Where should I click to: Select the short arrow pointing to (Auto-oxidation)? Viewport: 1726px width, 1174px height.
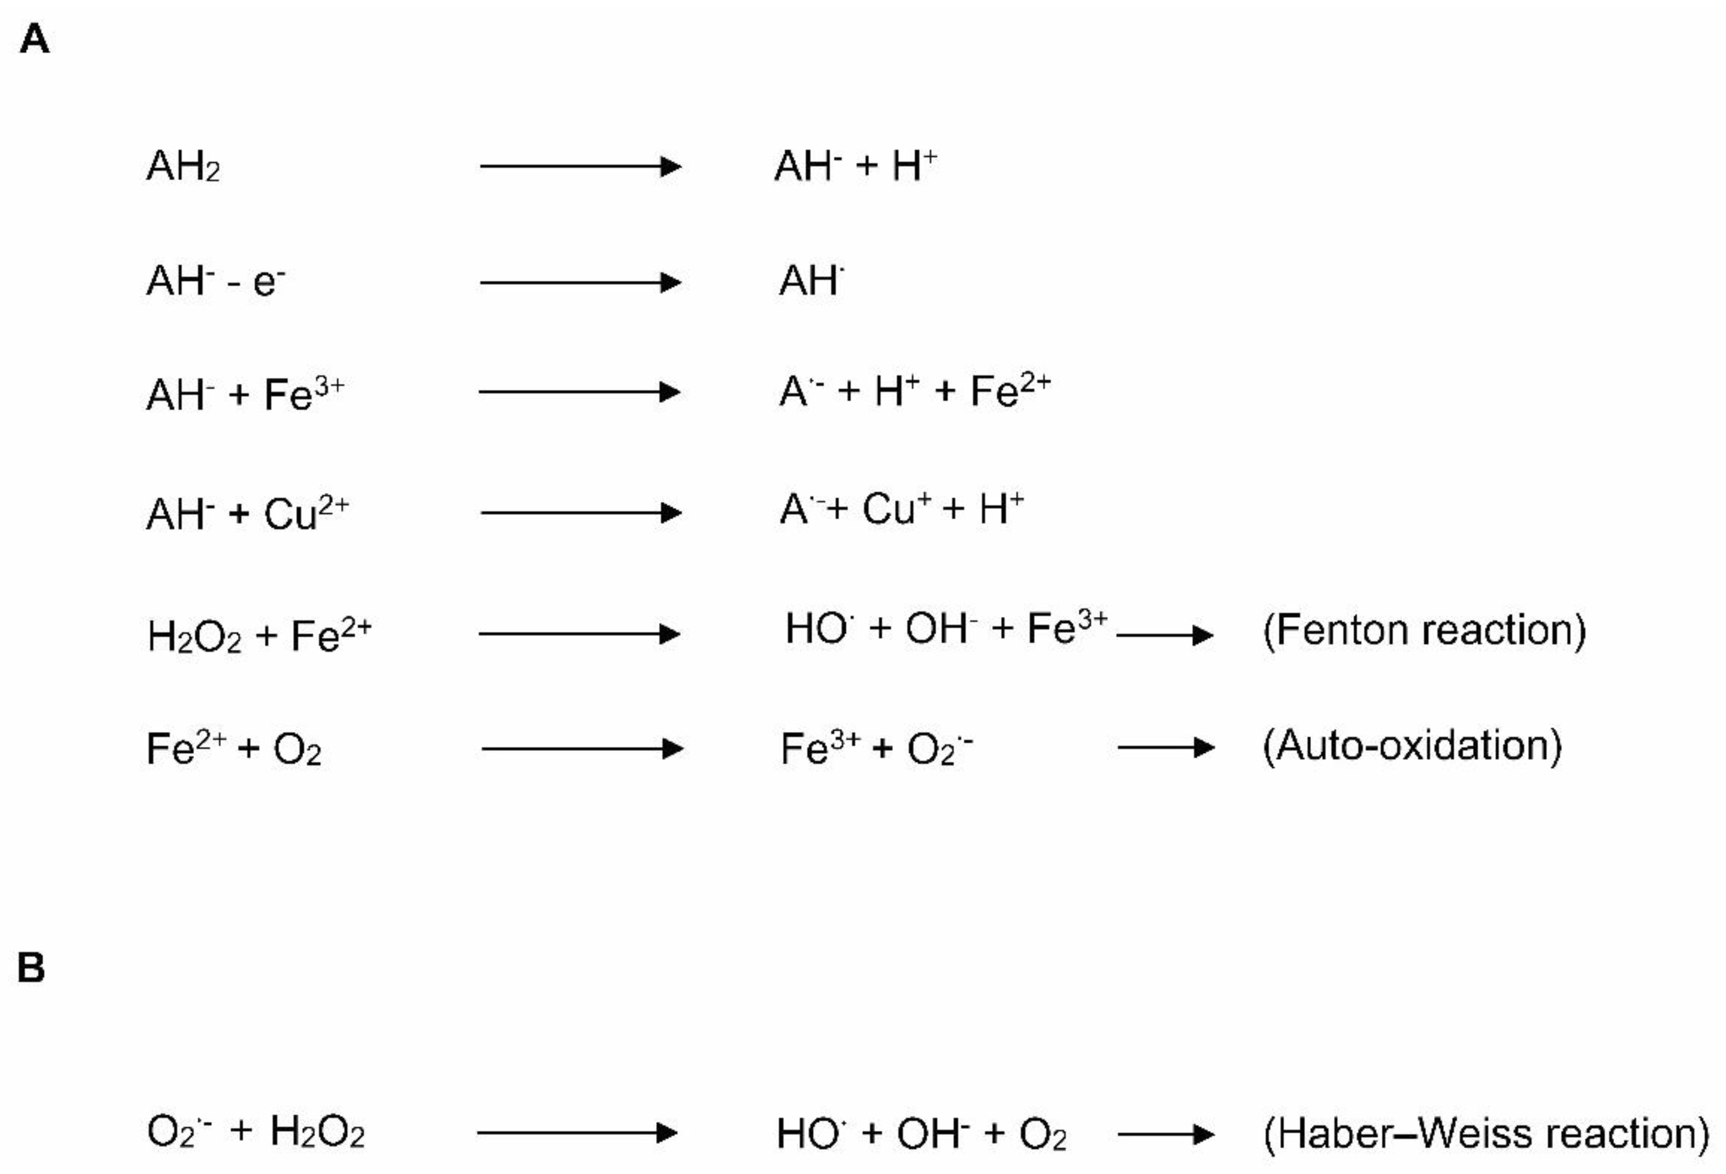point(1165,747)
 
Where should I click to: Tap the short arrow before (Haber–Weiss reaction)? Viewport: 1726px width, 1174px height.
point(1165,1134)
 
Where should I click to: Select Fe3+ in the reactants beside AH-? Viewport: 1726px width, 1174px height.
point(305,393)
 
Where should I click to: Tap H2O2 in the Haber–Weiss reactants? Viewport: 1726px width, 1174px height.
point(317,1132)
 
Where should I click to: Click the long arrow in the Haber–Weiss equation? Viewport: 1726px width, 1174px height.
point(577,1133)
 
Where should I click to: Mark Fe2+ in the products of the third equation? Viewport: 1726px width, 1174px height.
point(1010,390)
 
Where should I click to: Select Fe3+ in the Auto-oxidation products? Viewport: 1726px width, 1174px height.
point(820,747)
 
